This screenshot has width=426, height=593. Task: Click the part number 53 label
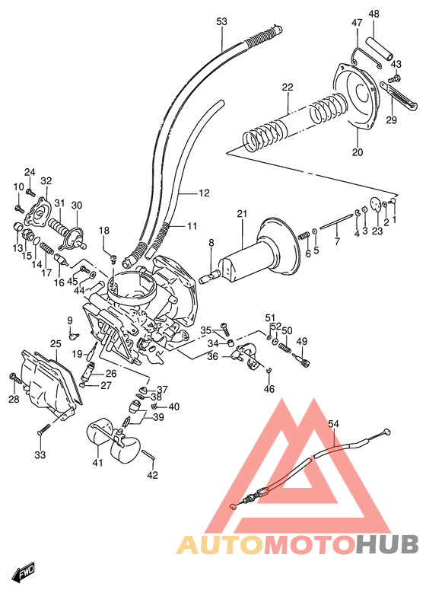(221, 21)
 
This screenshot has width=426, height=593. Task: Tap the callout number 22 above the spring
(287, 88)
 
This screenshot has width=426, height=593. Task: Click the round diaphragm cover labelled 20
(357, 99)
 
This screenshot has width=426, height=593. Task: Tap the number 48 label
(374, 14)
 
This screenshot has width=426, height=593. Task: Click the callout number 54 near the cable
(333, 423)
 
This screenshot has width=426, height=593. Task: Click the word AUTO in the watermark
(220, 544)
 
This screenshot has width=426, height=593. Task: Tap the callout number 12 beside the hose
(203, 193)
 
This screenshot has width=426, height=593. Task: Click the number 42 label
(152, 476)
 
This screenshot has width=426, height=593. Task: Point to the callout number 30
(76, 205)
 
